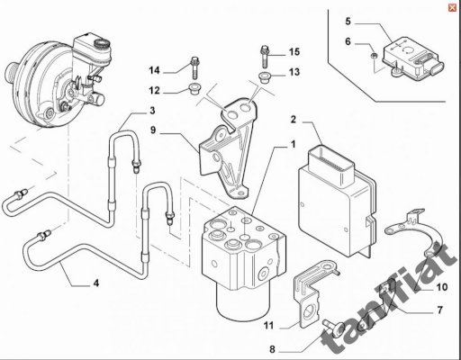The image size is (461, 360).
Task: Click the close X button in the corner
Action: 452,8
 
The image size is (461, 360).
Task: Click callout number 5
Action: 348,22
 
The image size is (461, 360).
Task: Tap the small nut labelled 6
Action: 374,56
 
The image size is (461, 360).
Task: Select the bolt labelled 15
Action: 264,56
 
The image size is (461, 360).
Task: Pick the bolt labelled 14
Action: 194,67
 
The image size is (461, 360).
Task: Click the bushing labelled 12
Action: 194,89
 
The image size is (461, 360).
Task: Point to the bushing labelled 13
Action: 264,76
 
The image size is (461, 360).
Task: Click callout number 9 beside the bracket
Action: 153,130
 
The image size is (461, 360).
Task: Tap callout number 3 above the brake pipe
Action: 152,111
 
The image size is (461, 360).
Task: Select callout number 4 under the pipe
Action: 96,283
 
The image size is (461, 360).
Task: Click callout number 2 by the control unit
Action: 294,120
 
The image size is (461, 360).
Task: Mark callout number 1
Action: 293,144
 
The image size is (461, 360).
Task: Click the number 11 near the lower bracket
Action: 269,325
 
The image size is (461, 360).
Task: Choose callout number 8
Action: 272,349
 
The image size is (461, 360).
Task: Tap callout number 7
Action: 439,310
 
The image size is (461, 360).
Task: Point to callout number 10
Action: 441,287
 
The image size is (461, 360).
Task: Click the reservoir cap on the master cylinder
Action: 102,44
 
